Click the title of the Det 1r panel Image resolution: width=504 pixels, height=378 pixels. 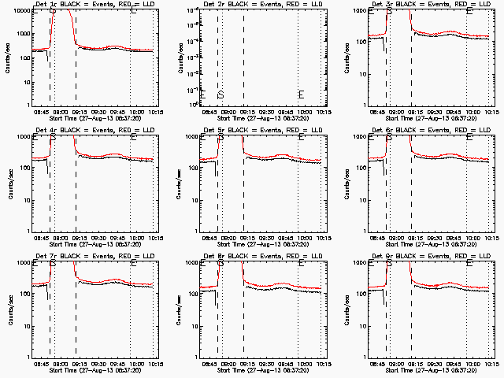(94, 5)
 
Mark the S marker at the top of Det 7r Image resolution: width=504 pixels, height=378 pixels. (53, 264)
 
